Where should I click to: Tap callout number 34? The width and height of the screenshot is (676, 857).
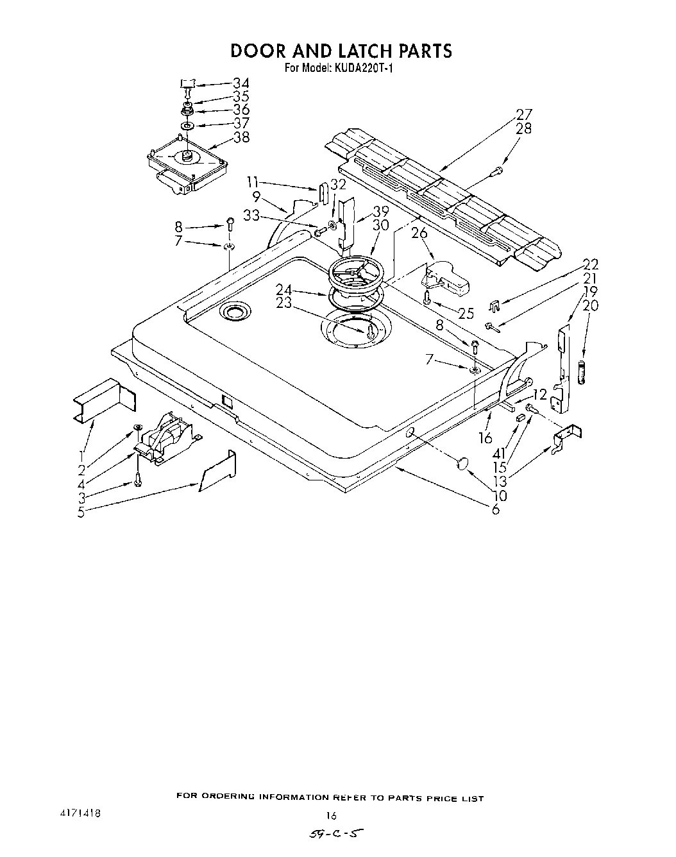point(241,83)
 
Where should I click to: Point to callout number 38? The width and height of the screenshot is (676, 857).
point(241,137)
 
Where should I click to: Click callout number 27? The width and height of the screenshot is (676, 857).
point(524,115)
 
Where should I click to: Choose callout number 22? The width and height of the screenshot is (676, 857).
point(590,264)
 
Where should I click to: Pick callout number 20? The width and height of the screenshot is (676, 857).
point(590,305)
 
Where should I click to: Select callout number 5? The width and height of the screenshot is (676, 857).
point(81,512)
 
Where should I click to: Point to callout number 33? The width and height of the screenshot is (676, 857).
point(251,216)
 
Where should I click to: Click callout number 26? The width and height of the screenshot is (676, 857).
point(419,233)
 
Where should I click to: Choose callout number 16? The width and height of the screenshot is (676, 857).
point(486,438)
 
